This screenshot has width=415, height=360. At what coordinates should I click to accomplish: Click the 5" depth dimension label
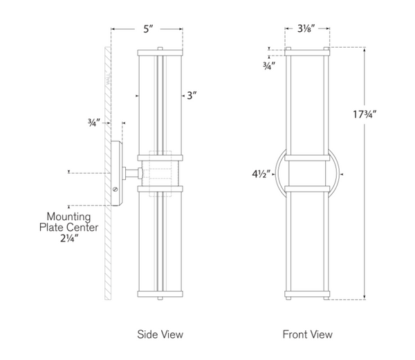(x=147, y=30)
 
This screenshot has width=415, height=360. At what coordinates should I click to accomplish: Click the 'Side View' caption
(x=160, y=334)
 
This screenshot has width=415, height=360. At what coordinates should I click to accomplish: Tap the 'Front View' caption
(x=307, y=334)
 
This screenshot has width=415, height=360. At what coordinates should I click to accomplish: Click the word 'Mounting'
(x=68, y=216)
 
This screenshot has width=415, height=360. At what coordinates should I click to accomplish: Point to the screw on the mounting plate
(x=115, y=189)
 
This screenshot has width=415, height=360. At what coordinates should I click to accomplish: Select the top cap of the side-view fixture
(x=160, y=51)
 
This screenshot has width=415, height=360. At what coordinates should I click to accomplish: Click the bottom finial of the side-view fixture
(x=160, y=298)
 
